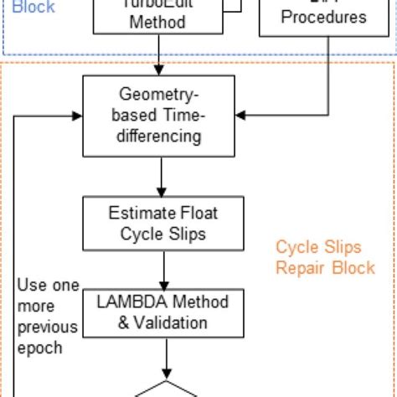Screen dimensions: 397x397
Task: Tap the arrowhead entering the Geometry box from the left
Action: click(77, 115)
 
